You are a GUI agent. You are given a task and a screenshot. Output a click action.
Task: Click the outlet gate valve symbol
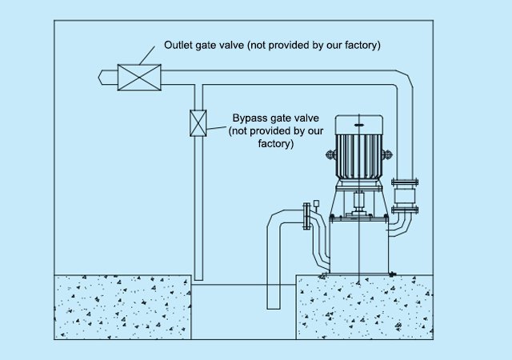(139, 78)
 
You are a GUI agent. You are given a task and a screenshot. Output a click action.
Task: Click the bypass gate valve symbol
(198, 123)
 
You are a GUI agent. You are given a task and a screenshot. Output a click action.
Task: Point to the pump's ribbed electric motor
(359, 149)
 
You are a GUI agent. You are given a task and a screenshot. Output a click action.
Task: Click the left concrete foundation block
(122, 307)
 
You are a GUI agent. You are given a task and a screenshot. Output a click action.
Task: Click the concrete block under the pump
(365, 307)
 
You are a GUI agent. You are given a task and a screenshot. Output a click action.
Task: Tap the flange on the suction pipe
(306, 216)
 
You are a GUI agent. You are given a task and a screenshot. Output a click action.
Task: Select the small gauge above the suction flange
(316, 205)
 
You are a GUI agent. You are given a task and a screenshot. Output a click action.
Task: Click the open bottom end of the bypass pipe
(198, 279)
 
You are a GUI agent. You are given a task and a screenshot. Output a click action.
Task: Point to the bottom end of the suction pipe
(274, 308)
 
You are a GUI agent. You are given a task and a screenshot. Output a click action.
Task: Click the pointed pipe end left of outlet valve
(101, 78)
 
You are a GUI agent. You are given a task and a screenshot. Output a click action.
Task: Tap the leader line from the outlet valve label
(147, 55)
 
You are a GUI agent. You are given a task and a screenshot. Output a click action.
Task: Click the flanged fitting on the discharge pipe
(405, 196)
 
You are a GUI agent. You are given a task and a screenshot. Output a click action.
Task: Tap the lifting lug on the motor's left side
(330, 154)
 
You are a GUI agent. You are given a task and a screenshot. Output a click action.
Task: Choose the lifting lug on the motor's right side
(387, 154)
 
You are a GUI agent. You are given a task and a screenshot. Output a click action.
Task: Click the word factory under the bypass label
(275, 144)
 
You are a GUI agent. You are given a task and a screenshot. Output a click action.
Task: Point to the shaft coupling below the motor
(358, 202)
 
